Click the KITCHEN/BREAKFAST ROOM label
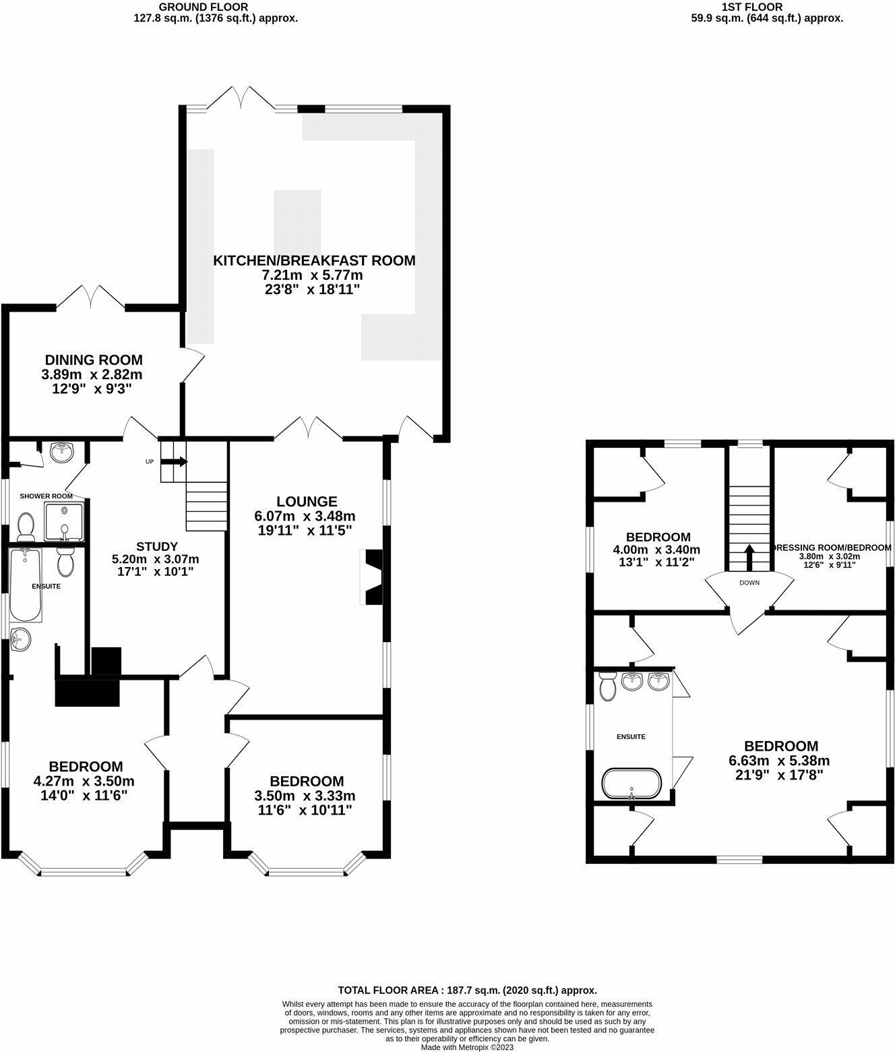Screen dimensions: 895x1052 click(314, 260)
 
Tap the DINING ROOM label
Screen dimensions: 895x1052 click(94, 360)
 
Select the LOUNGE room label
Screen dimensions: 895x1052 click(307, 501)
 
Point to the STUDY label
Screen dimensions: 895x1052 click(157, 547)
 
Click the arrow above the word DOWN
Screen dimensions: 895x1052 click(749, 558)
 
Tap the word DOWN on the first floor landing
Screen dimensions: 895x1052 click(749, 583)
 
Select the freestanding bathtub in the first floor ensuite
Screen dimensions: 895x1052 click(631, 783)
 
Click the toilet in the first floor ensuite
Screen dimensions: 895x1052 click(607, 686)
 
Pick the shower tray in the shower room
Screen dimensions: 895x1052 click(64, 522)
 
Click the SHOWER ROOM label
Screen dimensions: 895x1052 click(47, 496)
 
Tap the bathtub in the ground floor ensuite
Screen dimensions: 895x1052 click(26, 585)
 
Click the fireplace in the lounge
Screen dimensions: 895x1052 click(372, 577)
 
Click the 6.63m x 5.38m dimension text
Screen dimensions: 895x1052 click(779, 761)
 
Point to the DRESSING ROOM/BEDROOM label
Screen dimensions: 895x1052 click(832, 548)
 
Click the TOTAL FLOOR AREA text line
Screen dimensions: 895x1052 click(467, 991)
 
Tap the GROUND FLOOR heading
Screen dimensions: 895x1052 click(204, 7)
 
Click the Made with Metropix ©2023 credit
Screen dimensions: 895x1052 click(467, 1047)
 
